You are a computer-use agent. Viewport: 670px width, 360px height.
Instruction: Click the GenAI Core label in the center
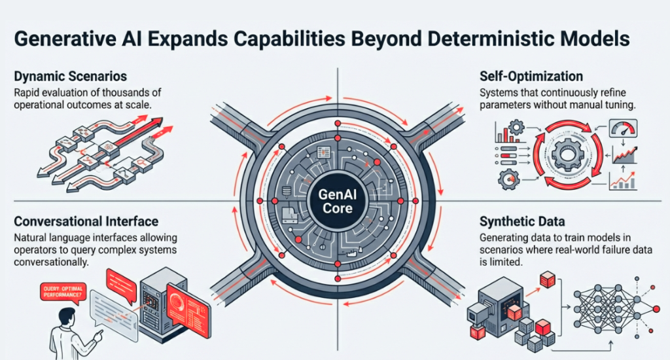(x=334, y=200)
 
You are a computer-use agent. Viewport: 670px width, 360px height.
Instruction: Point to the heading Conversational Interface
(x=86, y=223)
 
